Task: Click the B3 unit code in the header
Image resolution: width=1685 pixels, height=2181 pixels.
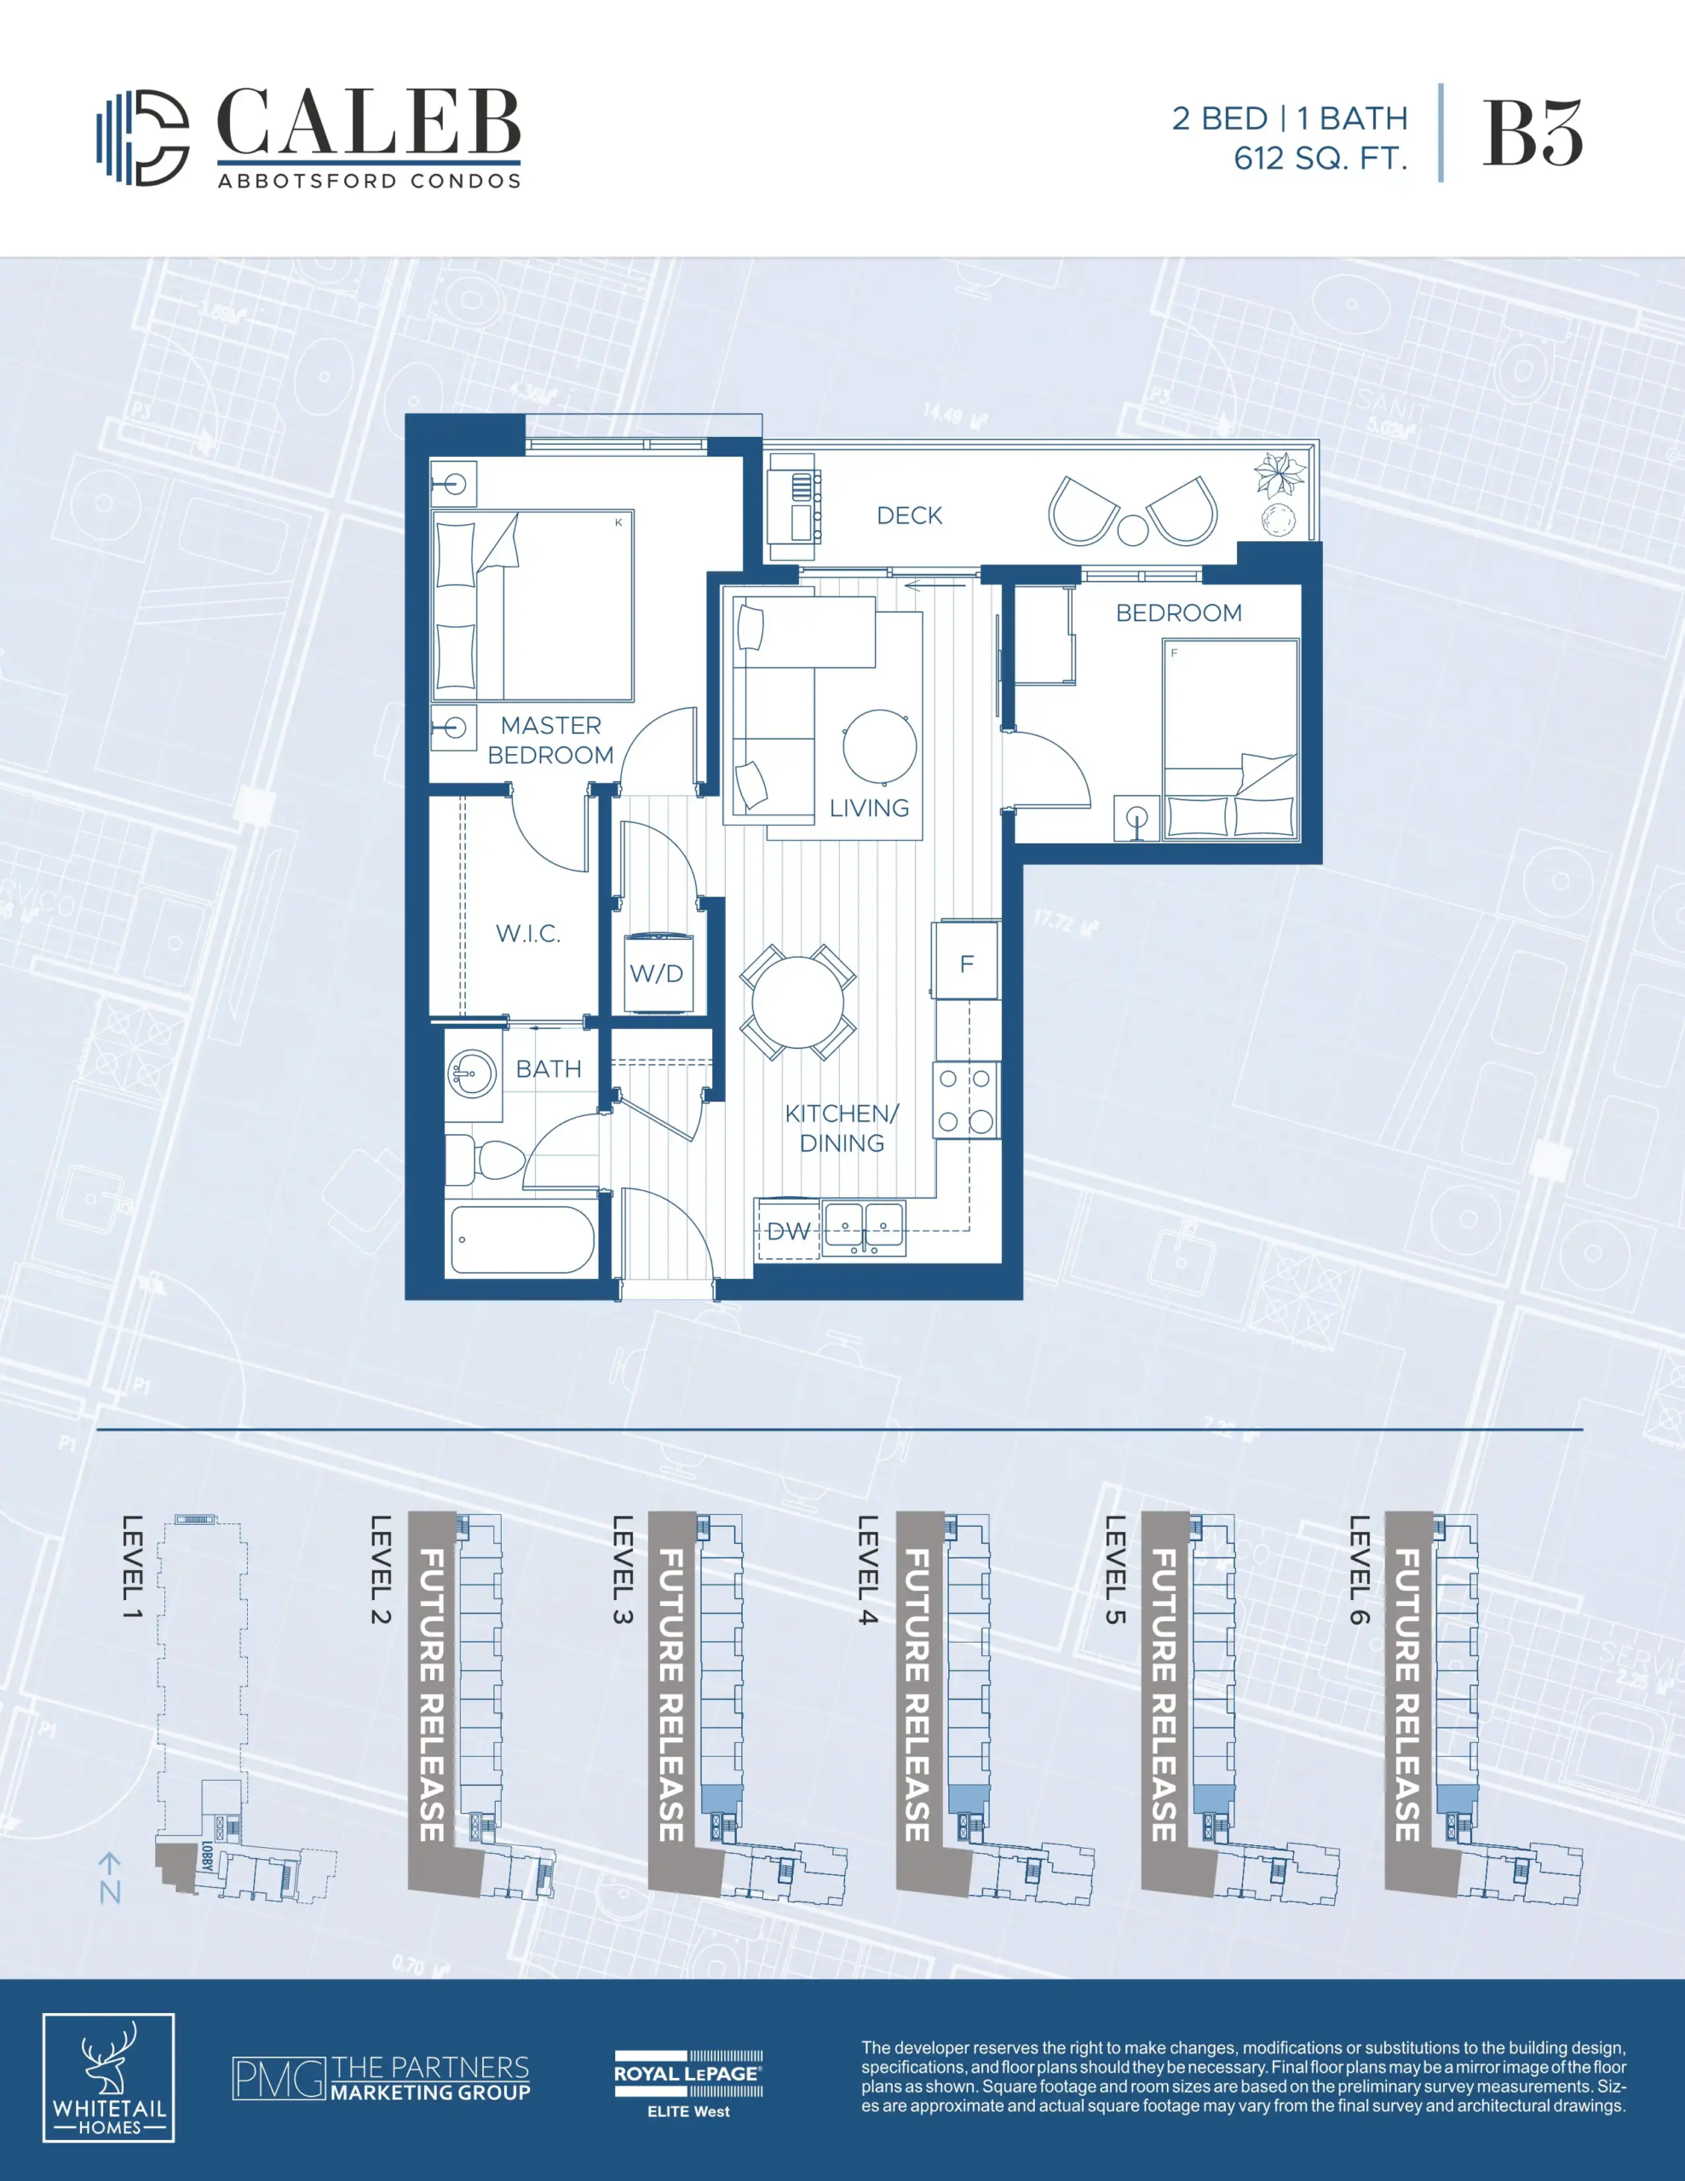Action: (x=1533, y=133)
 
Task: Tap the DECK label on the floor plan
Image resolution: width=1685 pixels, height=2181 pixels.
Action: (x=909, y=515)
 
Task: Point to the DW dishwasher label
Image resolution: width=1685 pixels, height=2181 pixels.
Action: (x=788, y=1231)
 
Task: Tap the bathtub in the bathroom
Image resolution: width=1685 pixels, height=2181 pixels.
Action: (x=521, y=1240)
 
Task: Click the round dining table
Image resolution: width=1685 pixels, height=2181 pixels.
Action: (x=798, y=1002)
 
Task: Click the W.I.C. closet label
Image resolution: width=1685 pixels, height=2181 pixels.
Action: (x=528, y=934)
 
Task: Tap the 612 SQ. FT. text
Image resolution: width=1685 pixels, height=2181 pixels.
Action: (x=1320, y=158)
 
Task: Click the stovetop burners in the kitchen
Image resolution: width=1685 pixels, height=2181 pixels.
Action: (x=965, y=1101)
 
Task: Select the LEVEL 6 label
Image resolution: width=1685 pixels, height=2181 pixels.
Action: (x=1359, y=1568)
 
